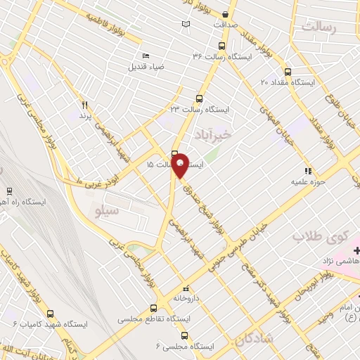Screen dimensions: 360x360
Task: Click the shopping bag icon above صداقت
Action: pos(224,14)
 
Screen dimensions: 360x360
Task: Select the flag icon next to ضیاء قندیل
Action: pos(146,56)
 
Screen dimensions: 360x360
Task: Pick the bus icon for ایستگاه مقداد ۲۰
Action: pos(287,71)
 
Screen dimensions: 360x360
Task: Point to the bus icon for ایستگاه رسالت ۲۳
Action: pos(200,99)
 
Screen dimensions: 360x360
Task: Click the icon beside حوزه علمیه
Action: pos(307,171)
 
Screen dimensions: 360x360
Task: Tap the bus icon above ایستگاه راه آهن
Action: pos(9,191)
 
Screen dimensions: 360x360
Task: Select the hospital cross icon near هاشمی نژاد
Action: pos(356,250)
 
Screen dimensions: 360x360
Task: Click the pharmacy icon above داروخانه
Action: pos(186,288)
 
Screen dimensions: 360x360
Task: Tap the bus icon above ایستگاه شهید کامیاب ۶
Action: pos(49,314)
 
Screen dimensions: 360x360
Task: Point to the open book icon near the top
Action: pos(186,25)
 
